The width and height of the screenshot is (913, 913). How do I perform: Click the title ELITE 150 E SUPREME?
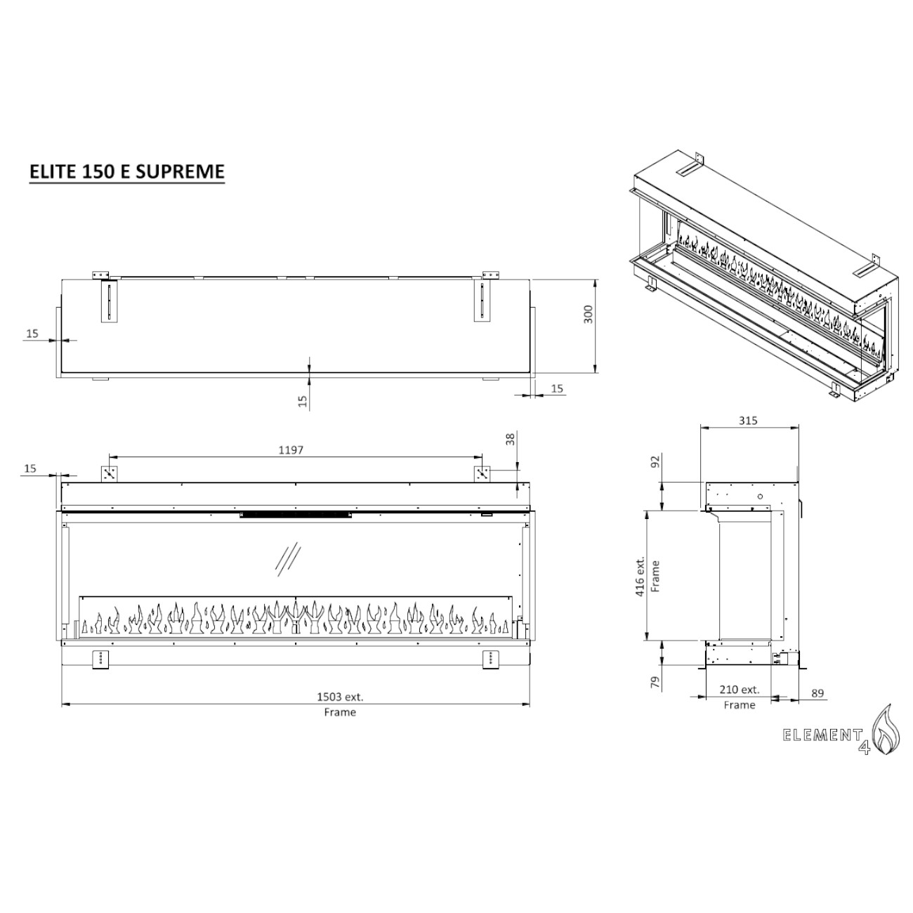pos(127,171)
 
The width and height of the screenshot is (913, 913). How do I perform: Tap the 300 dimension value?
pos(588,314)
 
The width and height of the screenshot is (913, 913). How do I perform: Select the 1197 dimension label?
pos(291,450)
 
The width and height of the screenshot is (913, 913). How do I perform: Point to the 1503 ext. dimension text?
pos(340,697)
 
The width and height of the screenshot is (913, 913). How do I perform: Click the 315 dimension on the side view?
pos(748,420)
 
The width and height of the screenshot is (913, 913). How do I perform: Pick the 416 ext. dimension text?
pos(641,576)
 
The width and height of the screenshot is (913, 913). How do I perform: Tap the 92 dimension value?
pos(655,461)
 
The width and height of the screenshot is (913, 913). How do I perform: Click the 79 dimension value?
pos(655,683)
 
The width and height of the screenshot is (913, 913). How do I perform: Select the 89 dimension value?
pos(817,693)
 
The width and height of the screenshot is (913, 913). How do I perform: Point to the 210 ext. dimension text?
pos(739,690)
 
